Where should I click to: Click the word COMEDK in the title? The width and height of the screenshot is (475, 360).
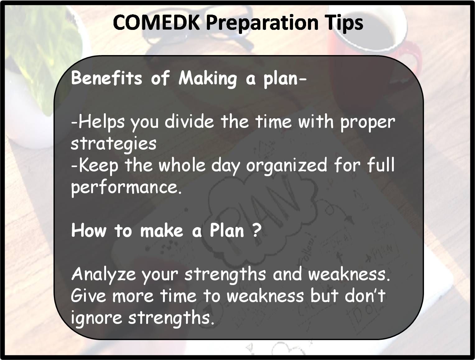point(156,22)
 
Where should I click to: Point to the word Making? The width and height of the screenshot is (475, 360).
point(208,79)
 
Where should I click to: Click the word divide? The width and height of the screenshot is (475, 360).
point(189,121)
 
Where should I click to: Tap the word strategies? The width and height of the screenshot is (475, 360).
point(114,144)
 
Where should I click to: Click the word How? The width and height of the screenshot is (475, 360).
point(89,230)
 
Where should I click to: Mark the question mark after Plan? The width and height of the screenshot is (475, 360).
point(257,230)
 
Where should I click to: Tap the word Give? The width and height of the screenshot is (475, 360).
point(88,296)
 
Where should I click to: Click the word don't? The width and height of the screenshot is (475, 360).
point(365,295)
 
